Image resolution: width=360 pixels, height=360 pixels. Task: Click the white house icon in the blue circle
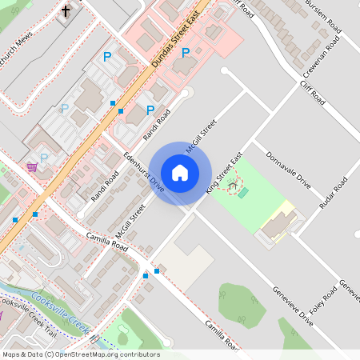coord(180,173)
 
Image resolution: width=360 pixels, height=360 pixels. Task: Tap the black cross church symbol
coord(65,12)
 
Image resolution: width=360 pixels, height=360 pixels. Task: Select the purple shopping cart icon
coord(32,166)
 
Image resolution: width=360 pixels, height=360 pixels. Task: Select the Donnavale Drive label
coord(288,170)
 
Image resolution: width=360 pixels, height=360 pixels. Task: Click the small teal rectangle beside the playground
coord(243,193)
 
